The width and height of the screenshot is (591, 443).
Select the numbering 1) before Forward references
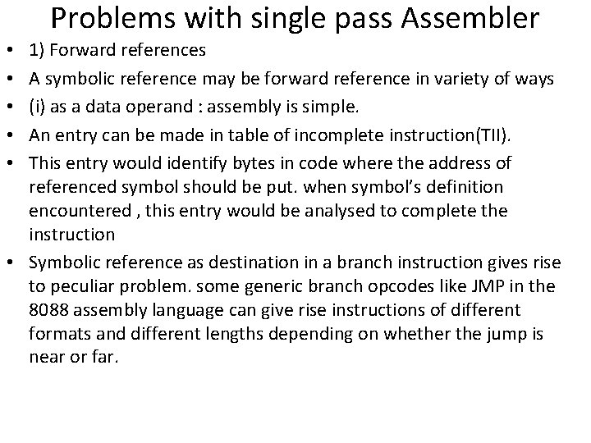(38, 51)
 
